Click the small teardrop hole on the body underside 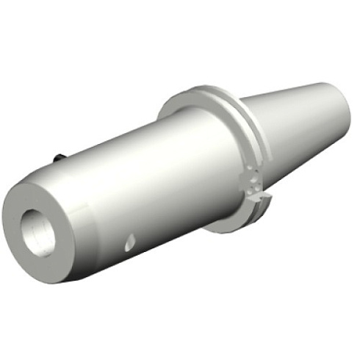[x=130, y=240]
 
